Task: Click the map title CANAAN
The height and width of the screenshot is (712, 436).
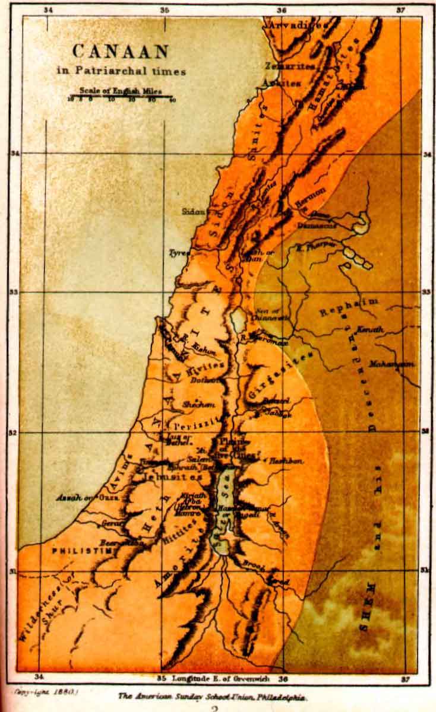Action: coord(121,52)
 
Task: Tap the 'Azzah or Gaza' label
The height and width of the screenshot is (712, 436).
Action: coord(80,497)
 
